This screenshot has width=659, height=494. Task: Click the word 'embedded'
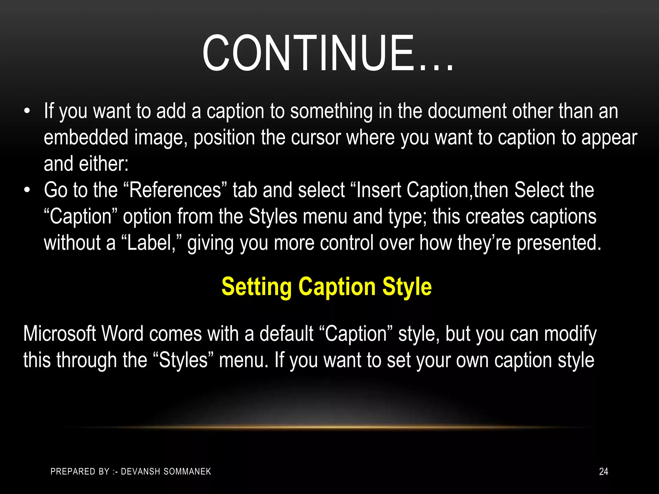pos(86,137)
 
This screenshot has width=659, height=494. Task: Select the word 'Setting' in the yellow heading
pos(256,287)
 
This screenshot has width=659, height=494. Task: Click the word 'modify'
pos(570,334)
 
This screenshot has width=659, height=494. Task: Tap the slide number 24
pos(603,471)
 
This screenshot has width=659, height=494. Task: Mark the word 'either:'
pos(104,164)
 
